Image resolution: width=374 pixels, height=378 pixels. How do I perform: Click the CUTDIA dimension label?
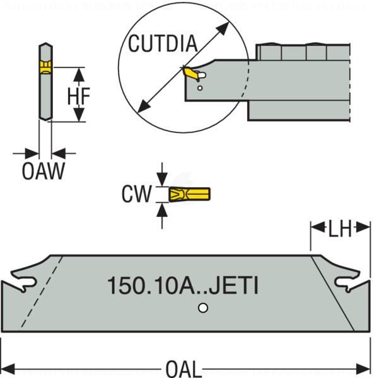[163, 44]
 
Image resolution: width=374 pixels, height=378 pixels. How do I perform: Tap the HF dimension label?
[79, 95]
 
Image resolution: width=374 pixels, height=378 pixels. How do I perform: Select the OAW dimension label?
[43, 171]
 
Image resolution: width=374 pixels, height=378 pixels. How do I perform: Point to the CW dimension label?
[136, 194]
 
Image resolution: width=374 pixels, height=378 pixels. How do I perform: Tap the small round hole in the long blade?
[202, 308]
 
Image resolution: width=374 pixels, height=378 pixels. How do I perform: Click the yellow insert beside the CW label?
[189, 194]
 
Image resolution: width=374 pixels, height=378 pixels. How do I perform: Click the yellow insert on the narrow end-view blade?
[45, 67]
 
